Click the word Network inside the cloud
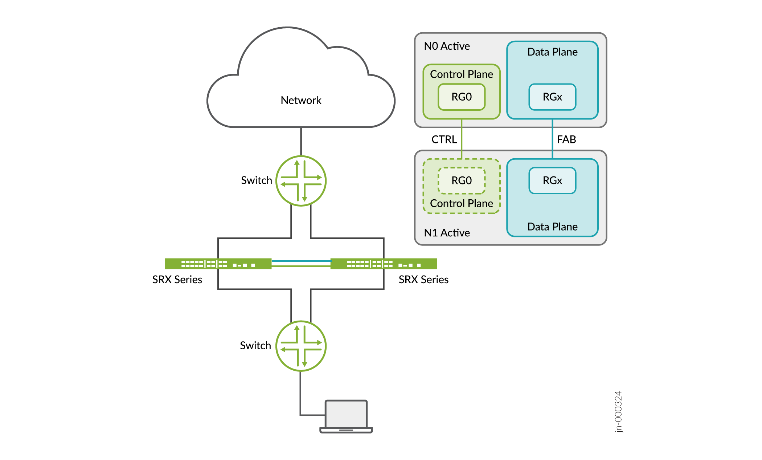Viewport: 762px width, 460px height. (301, 100)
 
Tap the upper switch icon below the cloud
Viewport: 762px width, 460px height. (301, 181)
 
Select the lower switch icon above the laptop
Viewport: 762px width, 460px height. (301, 346)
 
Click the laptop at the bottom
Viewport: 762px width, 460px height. (346, 416)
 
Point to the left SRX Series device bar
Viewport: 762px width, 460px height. (218, 264)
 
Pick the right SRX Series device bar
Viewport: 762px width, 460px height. (384, 264)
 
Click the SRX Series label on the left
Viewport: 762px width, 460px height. (177, 280)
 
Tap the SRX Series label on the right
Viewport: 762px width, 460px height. (423, 280)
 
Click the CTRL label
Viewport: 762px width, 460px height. (444, 139)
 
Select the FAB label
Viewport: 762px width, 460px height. (566, 139)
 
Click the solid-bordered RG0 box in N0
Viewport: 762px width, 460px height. (462, 97)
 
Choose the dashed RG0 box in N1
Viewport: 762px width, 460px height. (462, 180)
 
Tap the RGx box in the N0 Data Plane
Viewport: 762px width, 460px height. (552, 97)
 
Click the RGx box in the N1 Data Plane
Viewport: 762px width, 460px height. (552, 180)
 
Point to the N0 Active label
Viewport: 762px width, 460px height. (447, 46)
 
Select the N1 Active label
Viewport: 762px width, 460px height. (447, 233)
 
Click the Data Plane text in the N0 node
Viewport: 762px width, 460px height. (552, 52)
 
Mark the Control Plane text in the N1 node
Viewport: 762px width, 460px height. (462, 203)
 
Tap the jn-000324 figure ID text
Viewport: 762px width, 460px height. (618, 411)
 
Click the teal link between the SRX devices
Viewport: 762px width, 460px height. (301, 261)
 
